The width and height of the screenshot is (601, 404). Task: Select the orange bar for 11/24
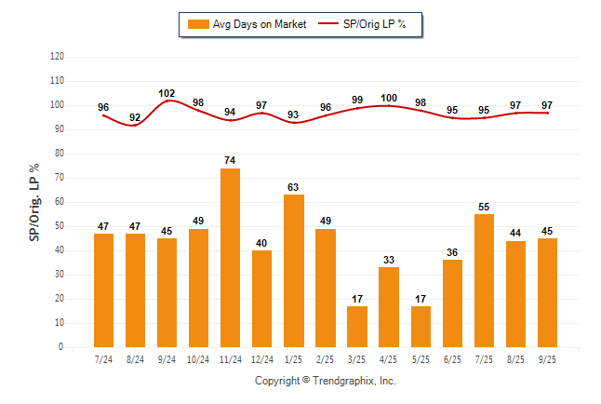pyautogui.click(x=230, y=258)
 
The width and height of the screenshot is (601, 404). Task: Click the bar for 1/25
pyautogui.click(x=293, y=271)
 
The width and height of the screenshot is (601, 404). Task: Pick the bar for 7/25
pyautogui.click(x=484, y=280)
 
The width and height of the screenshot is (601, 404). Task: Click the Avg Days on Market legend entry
pyautogui.click(x=247, y=24)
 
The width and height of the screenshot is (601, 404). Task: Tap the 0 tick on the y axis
pyautogui.click(x=61, y=347)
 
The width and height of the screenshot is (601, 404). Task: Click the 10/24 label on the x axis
pyautogui.click(x=198, y=360)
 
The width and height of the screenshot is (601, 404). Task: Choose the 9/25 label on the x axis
pyautogui.click(x=547, y=360)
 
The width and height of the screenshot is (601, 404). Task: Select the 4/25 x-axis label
pyautogui.click(x=388, y=360)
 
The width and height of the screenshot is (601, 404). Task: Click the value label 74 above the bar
pyautogui.click(x=230, y=161)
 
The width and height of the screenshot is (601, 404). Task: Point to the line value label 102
pyautogui.click(x=167, y=93)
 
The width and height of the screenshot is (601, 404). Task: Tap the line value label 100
pyautogui.click(x=389, y=98)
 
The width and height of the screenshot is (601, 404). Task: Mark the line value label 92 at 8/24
pyautogui.click(x=135, y=117)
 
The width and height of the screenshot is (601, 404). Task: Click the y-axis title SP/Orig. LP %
pyautogui.click(x=34, y=201)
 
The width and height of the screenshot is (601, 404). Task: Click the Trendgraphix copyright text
pyautogui.click(x=325, y=381)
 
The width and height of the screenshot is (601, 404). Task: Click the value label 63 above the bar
pyautogui.click(x=293, y=187)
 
